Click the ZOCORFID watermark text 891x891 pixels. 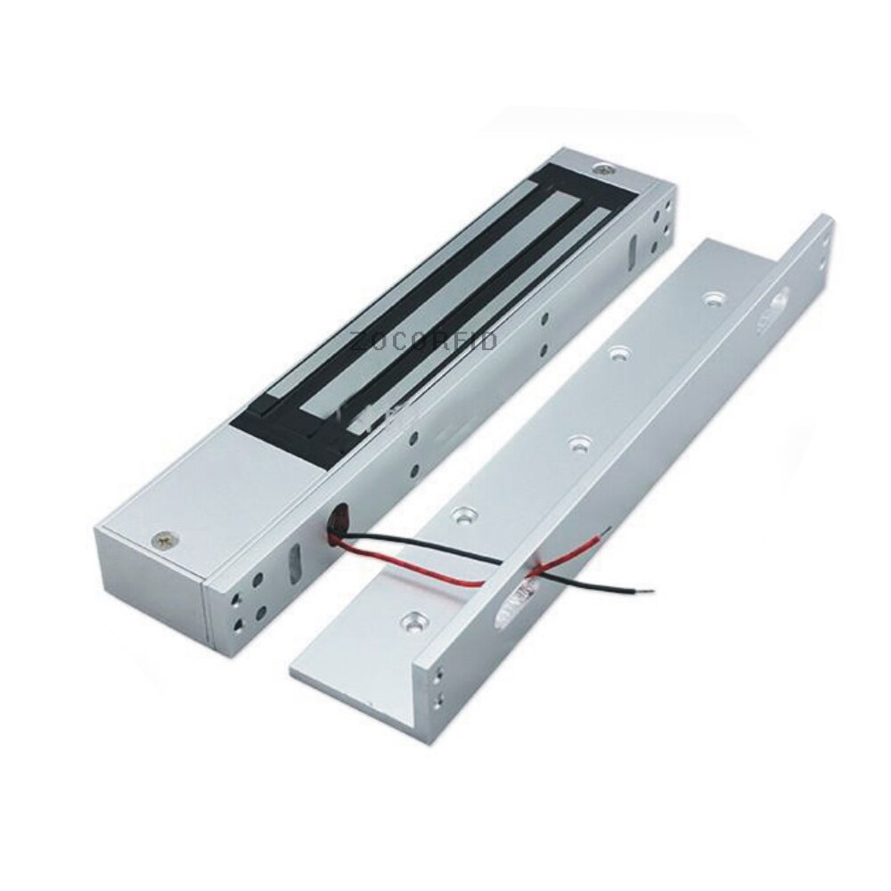tap(424, 341)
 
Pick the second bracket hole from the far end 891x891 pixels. tap(616, 352)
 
